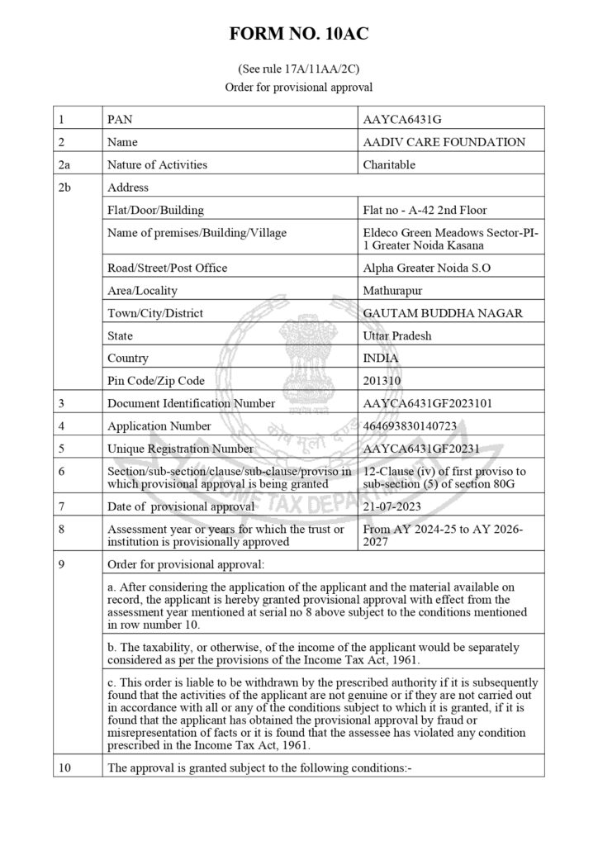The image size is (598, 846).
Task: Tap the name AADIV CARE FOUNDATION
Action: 444,142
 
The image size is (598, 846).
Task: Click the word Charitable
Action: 389,164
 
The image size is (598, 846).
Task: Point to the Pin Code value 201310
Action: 384,381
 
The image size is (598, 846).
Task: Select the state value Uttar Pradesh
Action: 397,336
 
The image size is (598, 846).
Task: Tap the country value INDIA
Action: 381,359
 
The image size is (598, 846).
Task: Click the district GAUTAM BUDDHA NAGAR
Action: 443,314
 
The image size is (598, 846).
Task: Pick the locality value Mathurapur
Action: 392,291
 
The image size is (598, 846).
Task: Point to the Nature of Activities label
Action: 157,164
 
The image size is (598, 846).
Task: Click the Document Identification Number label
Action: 191,404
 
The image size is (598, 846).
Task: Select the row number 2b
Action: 66,188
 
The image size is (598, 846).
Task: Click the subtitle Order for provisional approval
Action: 299,87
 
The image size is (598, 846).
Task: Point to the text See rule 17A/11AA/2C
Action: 299,70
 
